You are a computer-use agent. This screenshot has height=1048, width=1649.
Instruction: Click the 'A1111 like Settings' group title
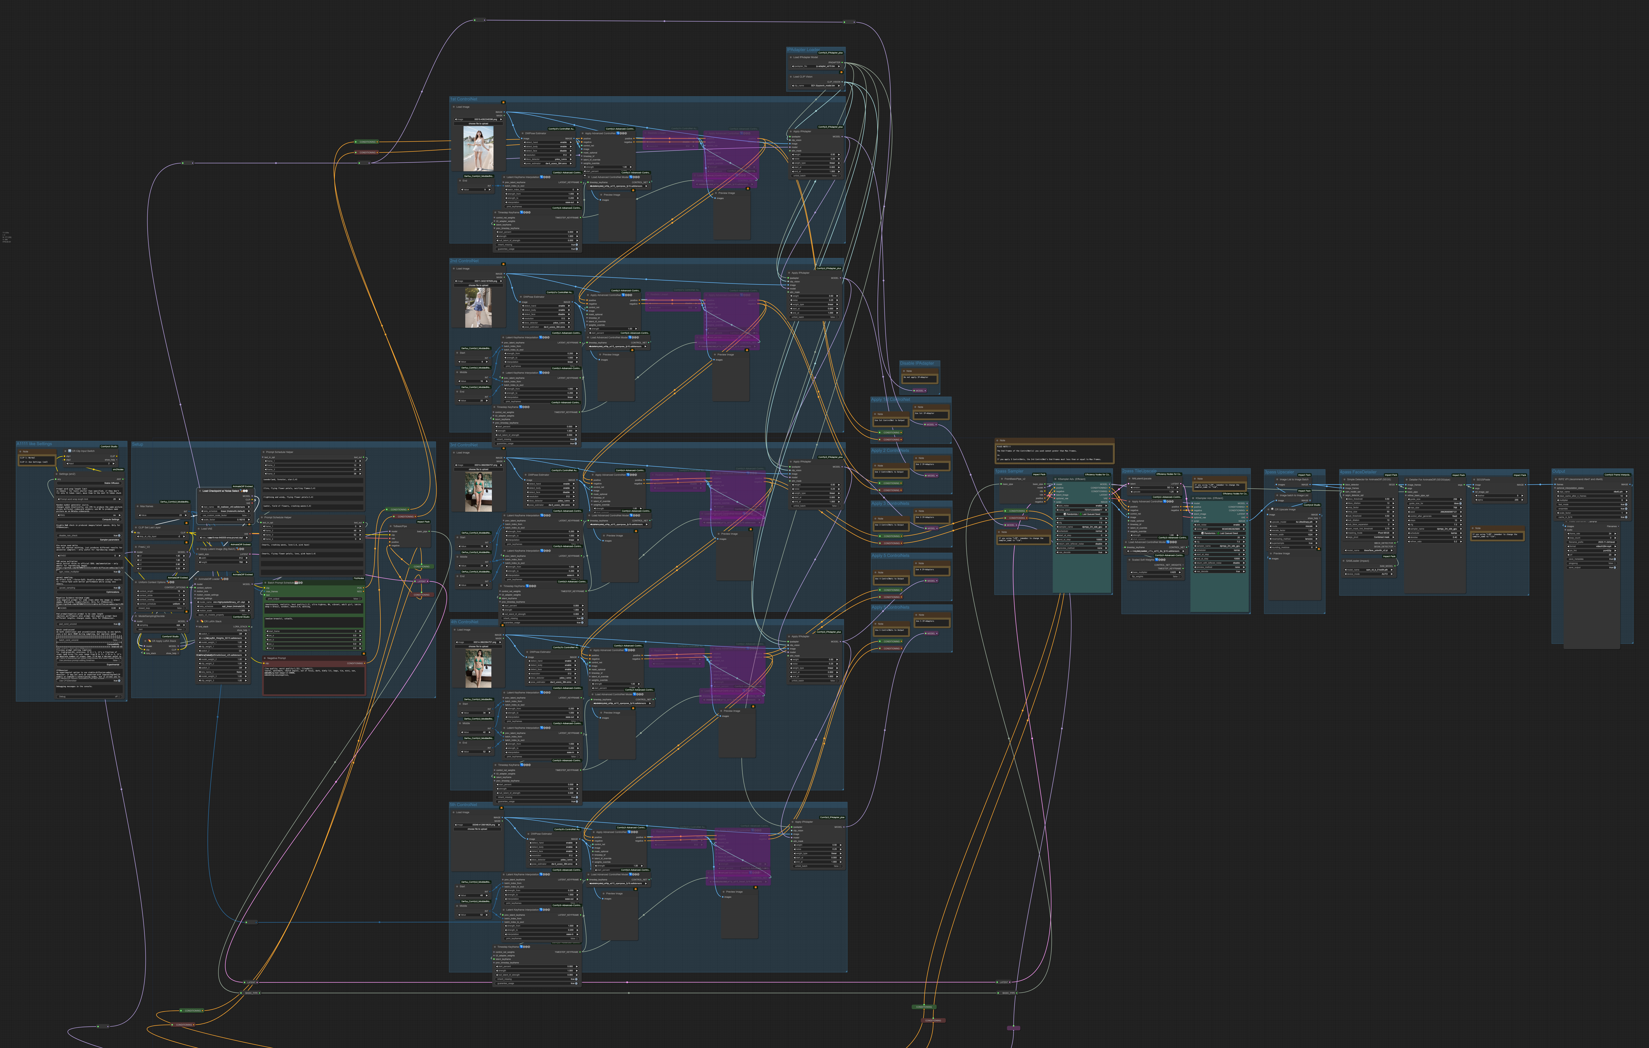click(x=34, y=444)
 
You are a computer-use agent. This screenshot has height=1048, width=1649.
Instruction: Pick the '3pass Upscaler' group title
click(x=1279, y=472)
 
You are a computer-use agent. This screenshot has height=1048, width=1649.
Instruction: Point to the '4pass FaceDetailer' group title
click(x=1358, y=472)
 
